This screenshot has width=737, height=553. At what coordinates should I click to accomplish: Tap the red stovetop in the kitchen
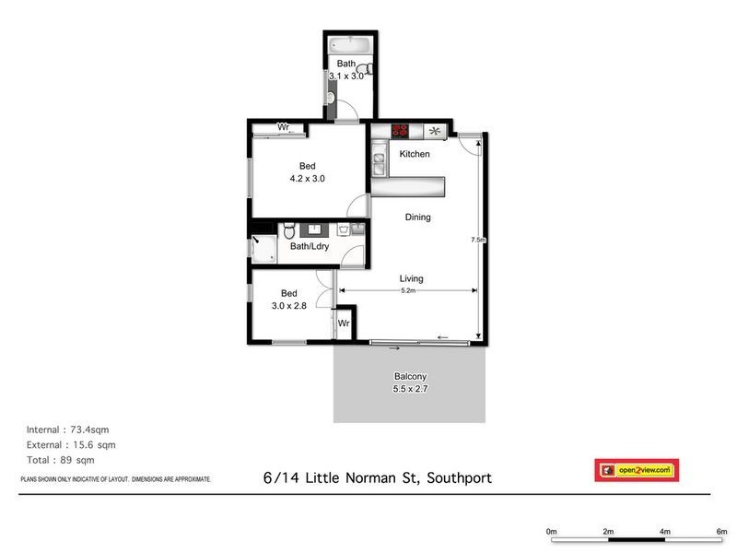400,131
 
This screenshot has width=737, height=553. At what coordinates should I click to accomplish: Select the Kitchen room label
414,154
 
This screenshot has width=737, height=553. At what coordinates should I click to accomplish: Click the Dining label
416,218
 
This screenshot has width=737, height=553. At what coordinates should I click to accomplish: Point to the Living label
412,278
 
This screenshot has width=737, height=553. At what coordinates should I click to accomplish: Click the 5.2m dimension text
408,291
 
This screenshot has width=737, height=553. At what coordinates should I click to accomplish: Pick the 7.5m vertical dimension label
477,240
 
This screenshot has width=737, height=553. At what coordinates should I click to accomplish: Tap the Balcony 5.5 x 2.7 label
410,382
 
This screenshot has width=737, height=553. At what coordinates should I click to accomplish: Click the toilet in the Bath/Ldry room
288,229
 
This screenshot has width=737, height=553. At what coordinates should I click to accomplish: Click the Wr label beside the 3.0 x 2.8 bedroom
343,324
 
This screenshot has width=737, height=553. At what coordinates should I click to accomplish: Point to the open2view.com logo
637,470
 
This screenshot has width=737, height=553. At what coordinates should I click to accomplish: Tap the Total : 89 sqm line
61,460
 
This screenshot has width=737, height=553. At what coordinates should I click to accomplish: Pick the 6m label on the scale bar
721,532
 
